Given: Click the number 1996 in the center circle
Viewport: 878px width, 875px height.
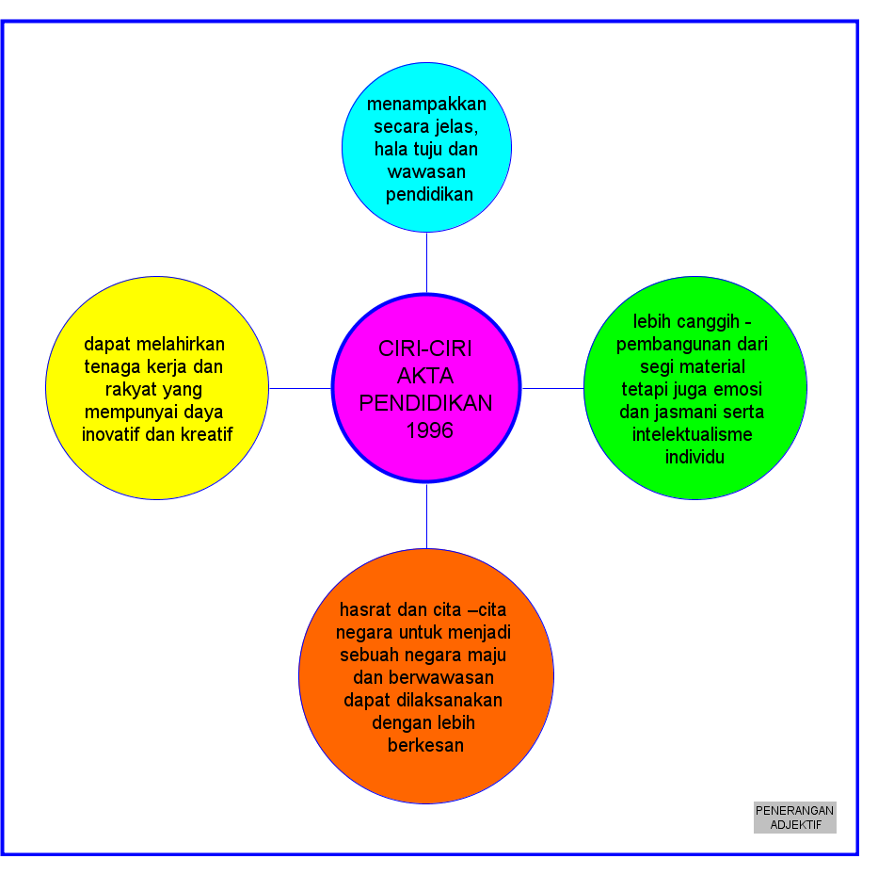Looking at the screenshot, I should tap(430, 430).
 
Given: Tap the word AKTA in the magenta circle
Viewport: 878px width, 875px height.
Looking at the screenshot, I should tap(425, 376).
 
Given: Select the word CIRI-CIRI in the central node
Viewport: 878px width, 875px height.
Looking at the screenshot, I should tap(425, 348).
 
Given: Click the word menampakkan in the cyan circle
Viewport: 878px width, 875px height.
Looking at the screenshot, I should tap(426, 104).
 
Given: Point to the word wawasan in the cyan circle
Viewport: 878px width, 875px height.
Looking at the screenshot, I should tap(426, 171).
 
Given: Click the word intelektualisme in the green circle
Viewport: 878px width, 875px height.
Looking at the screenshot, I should tap(694, 434).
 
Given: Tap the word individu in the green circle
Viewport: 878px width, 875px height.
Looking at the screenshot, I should tap(694, 457).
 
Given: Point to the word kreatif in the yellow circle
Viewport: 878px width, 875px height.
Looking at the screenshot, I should tap(202, 434).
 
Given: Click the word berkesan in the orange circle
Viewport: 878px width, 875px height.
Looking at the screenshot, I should tap(425, 745).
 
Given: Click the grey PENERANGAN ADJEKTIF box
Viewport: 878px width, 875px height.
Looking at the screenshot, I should tap(794, 818).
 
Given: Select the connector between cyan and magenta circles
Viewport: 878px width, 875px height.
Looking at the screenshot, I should tap(426, 263).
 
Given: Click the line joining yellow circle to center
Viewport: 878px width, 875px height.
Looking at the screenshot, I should tap(300, 388).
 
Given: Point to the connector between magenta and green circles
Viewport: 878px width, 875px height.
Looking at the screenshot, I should tap(552, 388).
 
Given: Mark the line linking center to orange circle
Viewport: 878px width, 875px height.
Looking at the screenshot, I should tap(426, 515).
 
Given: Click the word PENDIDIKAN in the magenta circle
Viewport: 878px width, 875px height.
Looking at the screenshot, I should tap(425, 403).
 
